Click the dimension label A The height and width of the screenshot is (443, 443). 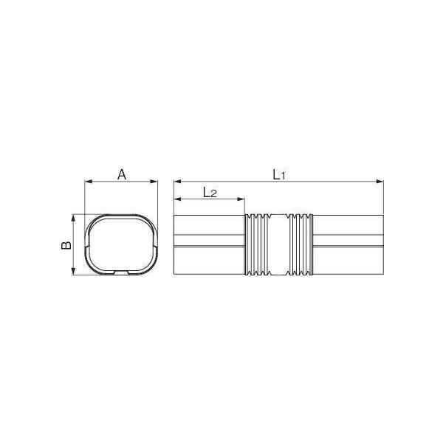pyautogui.click(x=122, y=174)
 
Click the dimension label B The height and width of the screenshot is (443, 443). pyautogui.click(x=66, y=245)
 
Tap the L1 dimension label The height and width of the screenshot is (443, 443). pyautogui.click(x=279, y=175)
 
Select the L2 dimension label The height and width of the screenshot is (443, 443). pyautogui.click(x=210, y=193)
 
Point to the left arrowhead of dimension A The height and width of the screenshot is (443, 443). pyautogui.click(x=89, y=182)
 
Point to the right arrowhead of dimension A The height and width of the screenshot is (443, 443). pyautogui.click(x=154, y=182)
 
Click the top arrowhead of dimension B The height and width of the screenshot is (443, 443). pyautogui.click(x=73, y=218)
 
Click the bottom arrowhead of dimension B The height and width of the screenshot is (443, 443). pyautogui.click(x=73, y=271)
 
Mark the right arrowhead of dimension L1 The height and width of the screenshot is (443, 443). pyautogui.click(x=380, y=182)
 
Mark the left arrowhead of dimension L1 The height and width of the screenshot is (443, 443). pyautogui.click(x=178, y=182)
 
